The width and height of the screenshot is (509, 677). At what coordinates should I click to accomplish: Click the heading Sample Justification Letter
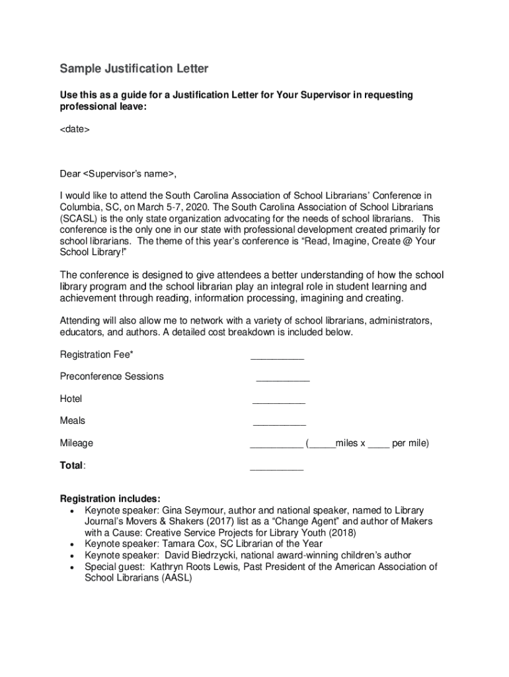tap(134, 69)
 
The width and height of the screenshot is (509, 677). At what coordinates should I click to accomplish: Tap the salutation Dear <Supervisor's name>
tap(118, 174)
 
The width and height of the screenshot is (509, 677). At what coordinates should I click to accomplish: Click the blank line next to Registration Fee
tap(277, 358)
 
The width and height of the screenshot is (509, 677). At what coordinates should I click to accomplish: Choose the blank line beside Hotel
tap(279, 402)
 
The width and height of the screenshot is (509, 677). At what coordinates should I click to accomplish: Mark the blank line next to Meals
tap(280, 424)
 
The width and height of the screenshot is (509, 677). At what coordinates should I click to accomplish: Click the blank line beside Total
tap(276, 468)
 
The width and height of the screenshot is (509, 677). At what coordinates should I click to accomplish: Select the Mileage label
tap(77, 443)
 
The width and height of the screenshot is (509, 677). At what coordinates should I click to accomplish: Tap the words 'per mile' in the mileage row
tap(409, 443)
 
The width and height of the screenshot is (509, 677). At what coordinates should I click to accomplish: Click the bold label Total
tap(71, 465)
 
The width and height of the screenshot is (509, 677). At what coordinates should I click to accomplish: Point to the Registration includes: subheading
tap(110, 498)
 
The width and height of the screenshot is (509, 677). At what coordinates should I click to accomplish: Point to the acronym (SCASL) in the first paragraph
tap(81, 218)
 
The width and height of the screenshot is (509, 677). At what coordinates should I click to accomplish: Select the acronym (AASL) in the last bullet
tap(171, 578)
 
